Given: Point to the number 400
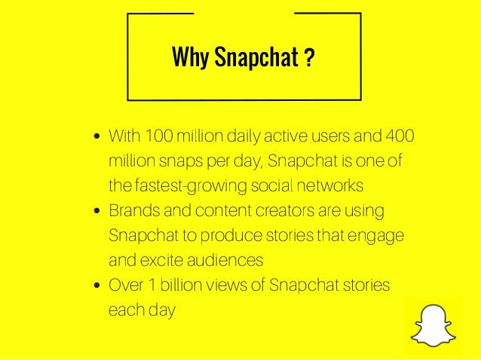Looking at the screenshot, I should coord(399,138).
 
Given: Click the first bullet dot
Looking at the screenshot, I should coord(98,139).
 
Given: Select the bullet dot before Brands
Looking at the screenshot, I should coord(98,212).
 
